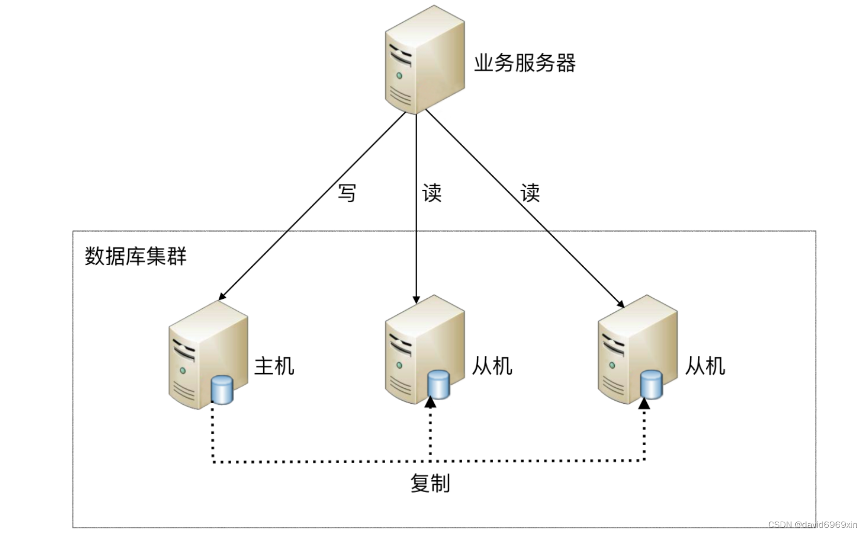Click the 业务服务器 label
click(524, 64)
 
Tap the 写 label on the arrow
click(347, 193)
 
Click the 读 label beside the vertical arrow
click(432, 193)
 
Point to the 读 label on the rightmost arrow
click(530, 193)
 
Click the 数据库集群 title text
click(135, 256)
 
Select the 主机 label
click(274, 366)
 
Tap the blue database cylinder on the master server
click(222, 390)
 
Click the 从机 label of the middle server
click(492, 366)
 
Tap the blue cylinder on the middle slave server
click(438, 384)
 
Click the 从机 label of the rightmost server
click(705, 366)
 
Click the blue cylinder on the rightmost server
click(651, 385)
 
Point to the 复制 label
click(430, 483)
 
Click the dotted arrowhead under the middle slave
click(430, 402)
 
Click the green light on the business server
click(399, 76)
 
